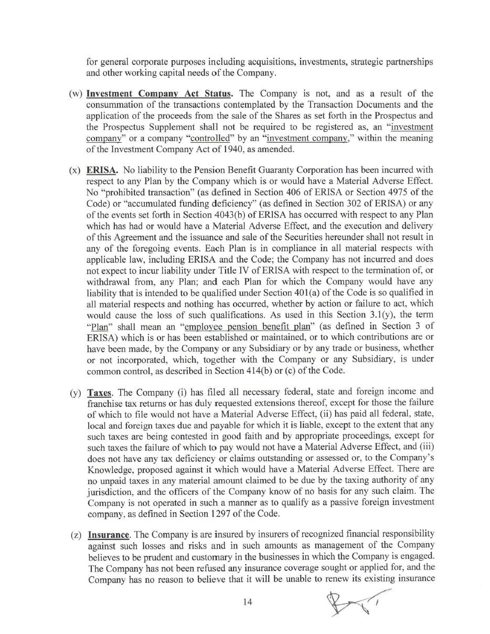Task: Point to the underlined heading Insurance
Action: [109, 535]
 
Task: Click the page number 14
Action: [248, 602]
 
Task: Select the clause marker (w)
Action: [76, 94]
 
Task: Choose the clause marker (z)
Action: [77, 535]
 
